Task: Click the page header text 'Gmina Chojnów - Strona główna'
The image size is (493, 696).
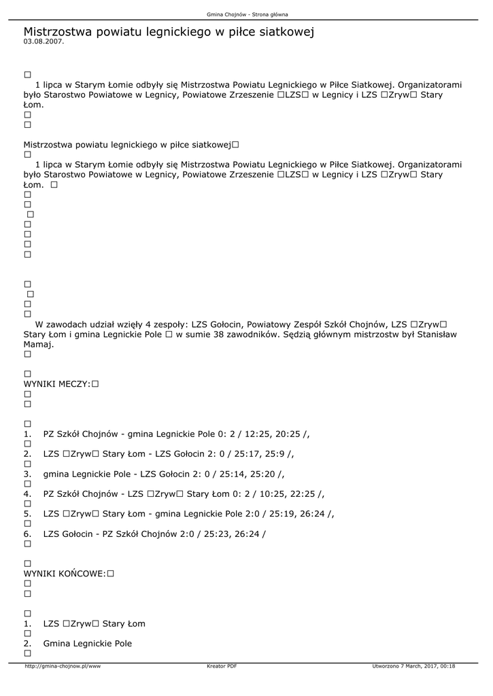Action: pyautogui.click(x=247, y=14)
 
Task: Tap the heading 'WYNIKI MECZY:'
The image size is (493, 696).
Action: pyautogui.click(x=57, y=384)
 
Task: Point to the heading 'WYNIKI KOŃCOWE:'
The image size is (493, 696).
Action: pyautogui.click(x=65, y=574)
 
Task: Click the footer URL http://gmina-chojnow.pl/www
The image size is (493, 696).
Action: pyautogui.click(x=63, y=666)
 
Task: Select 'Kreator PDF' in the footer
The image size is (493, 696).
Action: pyautogui.click(x=222, y=666)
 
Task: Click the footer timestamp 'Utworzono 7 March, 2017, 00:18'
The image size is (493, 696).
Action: pyautogui.click(x=413, y=666)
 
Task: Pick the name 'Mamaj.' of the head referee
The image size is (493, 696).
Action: pyautogui.click(x=39, y=345)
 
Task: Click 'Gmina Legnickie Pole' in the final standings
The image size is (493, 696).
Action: pyautogui.click(x=88, y=644)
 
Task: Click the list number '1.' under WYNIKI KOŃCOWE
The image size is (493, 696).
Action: pyautogui.click(x=27, y=623)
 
